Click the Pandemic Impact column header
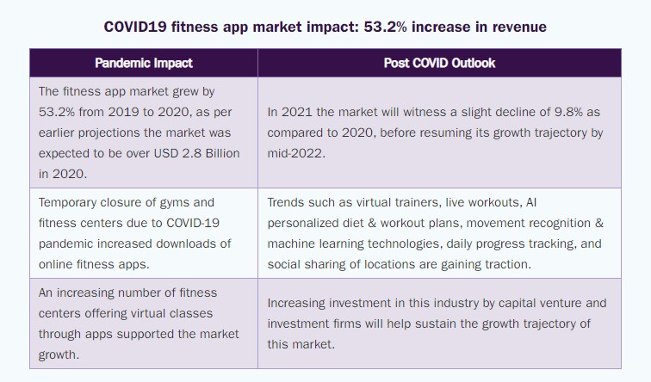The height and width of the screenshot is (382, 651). (143, 63)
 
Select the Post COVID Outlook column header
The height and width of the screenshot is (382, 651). (439, 63)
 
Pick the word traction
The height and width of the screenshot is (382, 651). (507, 264)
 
